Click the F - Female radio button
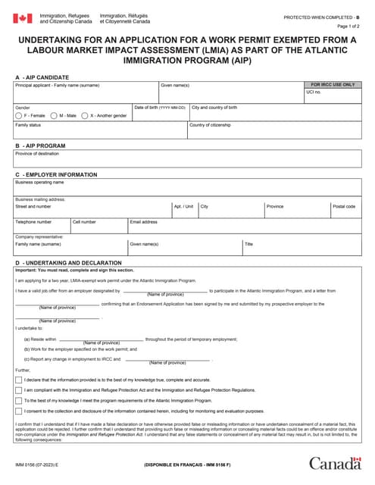click(19, 115)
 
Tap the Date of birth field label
click(160, 108)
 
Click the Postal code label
click(343, 206)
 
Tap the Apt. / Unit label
click(183, 206)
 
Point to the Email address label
click(143, 222)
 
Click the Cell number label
click(84, 222)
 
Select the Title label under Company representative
click(248, 244)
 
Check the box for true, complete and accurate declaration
click(19, 379)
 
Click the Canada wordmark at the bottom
click(335, 463)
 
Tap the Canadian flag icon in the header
click(23, 18)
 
